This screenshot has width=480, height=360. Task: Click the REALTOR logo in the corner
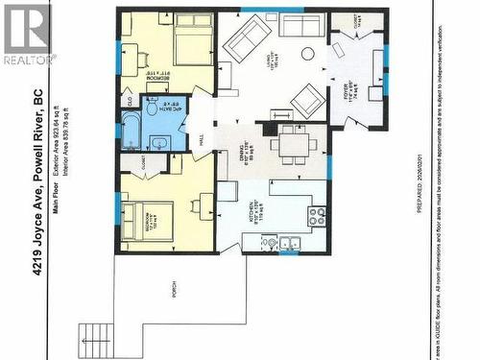click(x=26, y=34)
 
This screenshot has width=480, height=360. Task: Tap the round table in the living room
click(x=308, y=54)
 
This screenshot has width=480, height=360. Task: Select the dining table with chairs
click(x=288, y=145)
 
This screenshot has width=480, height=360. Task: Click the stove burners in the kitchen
click(x=317, y=216)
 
